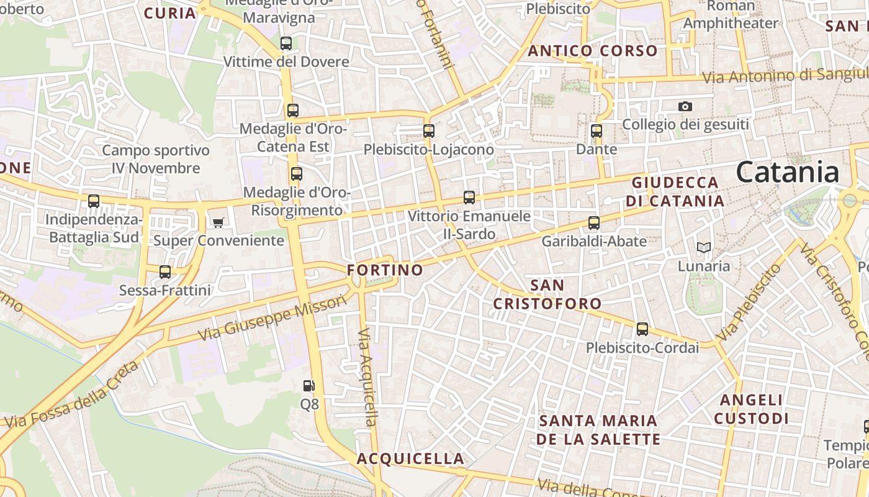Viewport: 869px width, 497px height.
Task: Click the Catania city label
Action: (x=787, y=172)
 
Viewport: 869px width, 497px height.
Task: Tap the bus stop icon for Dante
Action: (x=597, y=131)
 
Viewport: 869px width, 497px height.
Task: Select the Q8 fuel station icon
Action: (x=308, y=386)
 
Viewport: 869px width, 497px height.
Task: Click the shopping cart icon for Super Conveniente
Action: (x=218, y=222)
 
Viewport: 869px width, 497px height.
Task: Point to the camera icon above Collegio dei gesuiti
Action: (x=685, y=106)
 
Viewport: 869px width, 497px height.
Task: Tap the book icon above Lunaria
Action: (x=703, y=248)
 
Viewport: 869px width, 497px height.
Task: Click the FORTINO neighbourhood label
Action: (x=385, y=270)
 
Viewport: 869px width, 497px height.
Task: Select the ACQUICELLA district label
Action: (x=410, y=459)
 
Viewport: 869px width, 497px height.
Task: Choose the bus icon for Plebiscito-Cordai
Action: (x=642, y=329)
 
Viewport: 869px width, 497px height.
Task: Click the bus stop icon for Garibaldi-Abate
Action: (x=594, y=223)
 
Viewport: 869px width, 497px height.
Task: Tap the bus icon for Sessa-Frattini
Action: (x=165, y=271)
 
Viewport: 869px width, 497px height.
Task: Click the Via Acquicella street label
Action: (x=367, y=377)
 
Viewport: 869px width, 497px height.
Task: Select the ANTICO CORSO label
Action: (x=592, y=51)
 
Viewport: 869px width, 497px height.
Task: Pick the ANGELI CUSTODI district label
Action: (x=751, y=409)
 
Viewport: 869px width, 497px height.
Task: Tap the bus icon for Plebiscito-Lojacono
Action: (x=429, y=131)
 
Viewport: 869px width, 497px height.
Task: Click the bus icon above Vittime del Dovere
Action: (x=286, y=43)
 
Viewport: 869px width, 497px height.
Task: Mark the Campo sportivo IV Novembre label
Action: (x=156, y=159)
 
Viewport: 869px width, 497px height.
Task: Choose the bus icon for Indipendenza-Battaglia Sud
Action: (x=94, y=201)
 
